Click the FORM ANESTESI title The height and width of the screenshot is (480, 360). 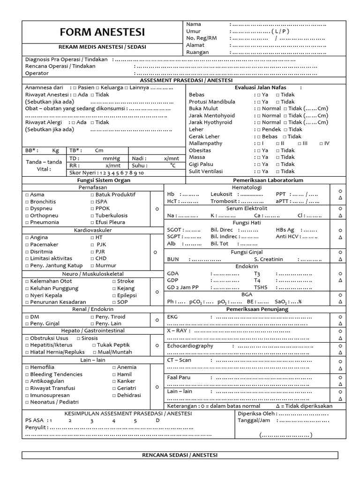tap(102, 32)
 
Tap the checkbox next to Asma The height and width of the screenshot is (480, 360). tap(27, 195)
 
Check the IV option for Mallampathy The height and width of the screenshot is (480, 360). tap(321, 143)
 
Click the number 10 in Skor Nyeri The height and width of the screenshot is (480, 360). tap(141, 173)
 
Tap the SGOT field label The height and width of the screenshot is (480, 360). tap(175, 230)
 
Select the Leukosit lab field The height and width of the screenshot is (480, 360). tap(222, 194)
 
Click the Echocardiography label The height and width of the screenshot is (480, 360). tap(190, 346)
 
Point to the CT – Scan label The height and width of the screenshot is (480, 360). tap(179, 360)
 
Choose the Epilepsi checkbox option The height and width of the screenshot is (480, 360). tap(114, 296)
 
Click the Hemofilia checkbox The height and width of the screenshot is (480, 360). tap(27, 367)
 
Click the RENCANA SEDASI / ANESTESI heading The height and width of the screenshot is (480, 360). tap(180, 455)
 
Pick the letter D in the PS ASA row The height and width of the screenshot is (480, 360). tap(157, 420)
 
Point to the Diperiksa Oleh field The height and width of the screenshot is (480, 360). tap(256, 414)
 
